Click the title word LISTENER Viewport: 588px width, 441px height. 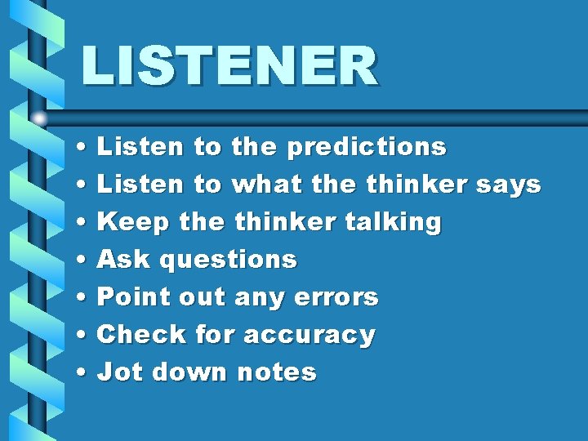(x=229, y=65)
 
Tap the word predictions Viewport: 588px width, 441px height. (x=367, y=147)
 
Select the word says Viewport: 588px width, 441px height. (x=511, y=185)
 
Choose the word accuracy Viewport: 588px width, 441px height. (x=310, y=335)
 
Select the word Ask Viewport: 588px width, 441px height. (x=124, y=260)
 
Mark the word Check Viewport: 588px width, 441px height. (x=141, y=335)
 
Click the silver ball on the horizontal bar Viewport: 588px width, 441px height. (x=39, y=118)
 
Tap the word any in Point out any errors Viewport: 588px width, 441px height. (x=254, y=298)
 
